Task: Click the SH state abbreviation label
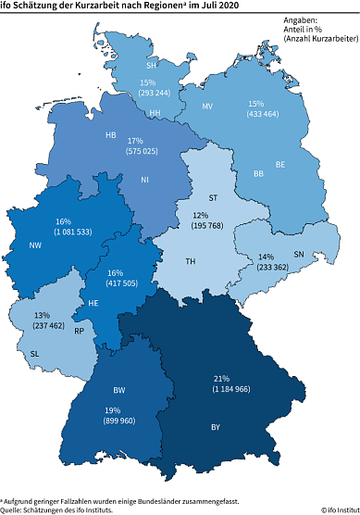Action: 151,66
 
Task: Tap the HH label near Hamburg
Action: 156,113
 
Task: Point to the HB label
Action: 111,134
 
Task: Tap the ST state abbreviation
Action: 214,197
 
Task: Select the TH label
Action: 191,262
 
